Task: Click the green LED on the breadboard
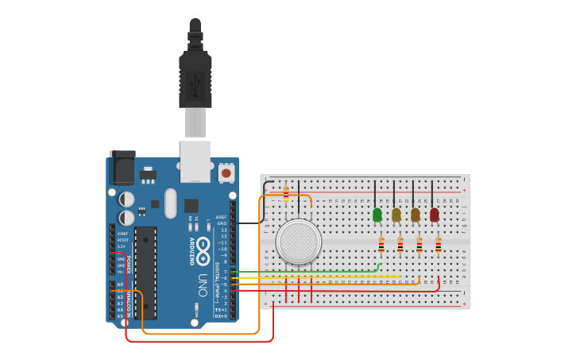click(377, 215)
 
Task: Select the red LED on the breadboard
click(435, 215)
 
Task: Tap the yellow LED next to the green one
click(396, 215)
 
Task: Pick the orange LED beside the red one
click(416, 215)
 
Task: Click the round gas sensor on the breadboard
click(299, 242)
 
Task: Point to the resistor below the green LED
click(381, 245)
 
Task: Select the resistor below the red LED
click(439, 245)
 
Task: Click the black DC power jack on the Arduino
click(122, 168)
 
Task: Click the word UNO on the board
click(203, 285)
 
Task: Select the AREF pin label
click(222, 217)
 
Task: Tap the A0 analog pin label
click(120, 284)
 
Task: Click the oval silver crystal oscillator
click(171, 203)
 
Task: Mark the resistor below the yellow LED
click(400, 245)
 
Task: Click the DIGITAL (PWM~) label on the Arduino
click(216, 282)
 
